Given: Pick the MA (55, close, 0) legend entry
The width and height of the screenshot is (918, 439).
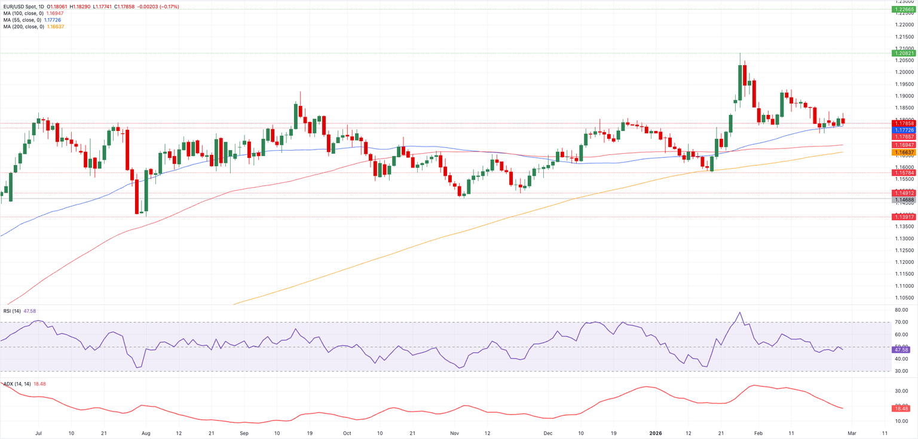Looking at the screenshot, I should [22, 20].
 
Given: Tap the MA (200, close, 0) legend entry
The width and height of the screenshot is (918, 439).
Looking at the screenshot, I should [23, 27].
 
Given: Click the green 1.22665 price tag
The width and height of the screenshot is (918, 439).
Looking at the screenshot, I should [904, 10].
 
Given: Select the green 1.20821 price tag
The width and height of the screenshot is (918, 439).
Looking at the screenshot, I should [904, 53].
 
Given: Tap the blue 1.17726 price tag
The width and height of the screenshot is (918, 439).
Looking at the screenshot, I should [904, 129].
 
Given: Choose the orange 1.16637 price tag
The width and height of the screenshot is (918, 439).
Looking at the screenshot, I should [904, 153].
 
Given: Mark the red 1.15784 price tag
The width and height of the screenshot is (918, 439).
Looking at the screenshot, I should [904, 173].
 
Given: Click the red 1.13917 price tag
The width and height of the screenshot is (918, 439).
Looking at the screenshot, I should [904, 217].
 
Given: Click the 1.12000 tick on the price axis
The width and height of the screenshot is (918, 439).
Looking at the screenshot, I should [904, 262].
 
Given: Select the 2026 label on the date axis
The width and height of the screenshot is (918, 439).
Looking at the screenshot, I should [655, 432].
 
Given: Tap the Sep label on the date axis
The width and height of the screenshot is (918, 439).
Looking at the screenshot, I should [244, 432].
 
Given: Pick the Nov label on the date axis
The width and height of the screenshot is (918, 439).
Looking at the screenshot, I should [454, 432].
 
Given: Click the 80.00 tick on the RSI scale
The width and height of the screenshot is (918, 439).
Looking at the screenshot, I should [903, 310].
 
